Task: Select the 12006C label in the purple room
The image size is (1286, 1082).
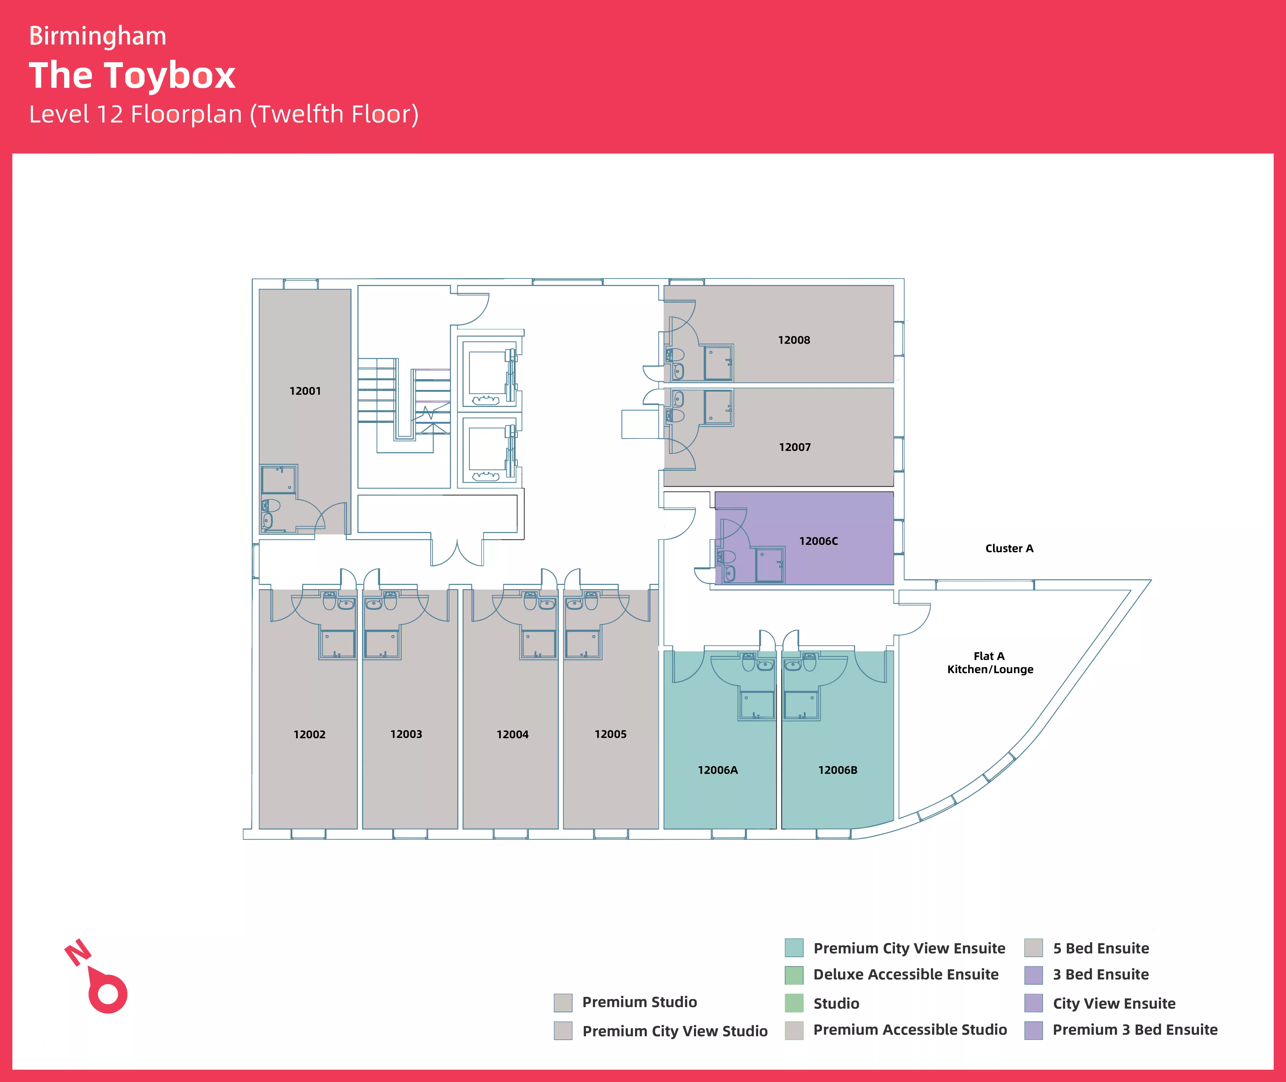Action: click(818, 541)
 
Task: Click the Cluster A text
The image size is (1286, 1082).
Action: click(1009, 548)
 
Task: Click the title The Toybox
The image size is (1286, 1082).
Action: click(132, 75)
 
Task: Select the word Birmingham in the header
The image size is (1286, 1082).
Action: click(98, 36)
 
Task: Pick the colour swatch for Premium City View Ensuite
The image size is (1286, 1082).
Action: click(794, 948)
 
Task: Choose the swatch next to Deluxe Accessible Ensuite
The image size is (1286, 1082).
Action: click(794, 975)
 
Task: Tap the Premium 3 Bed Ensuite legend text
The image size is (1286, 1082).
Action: click(1135, 1030)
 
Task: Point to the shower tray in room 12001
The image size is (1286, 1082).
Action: click(279, 480)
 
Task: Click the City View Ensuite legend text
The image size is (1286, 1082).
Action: click(1114, 1004)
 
